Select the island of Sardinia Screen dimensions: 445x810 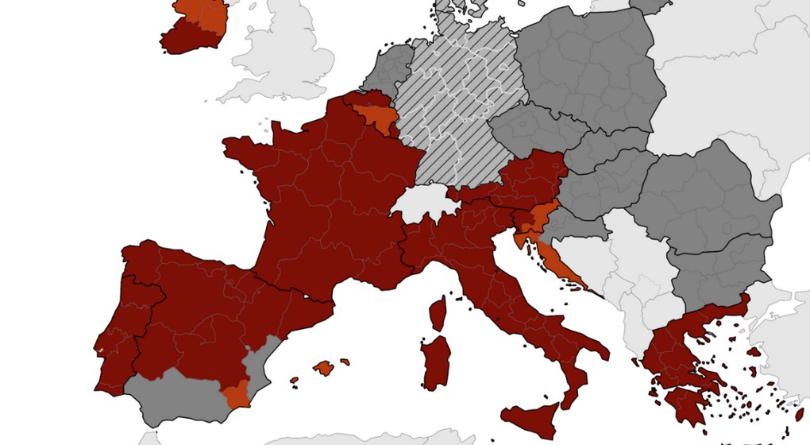tap(436, 362)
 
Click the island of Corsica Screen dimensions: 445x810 tap(438, 313)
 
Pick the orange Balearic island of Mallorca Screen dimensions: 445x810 tap(323, 368)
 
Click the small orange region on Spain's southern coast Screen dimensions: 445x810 tap(236, 393)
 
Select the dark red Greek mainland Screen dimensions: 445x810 tap(675, 350)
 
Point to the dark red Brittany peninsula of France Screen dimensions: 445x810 tap(246, 151)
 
